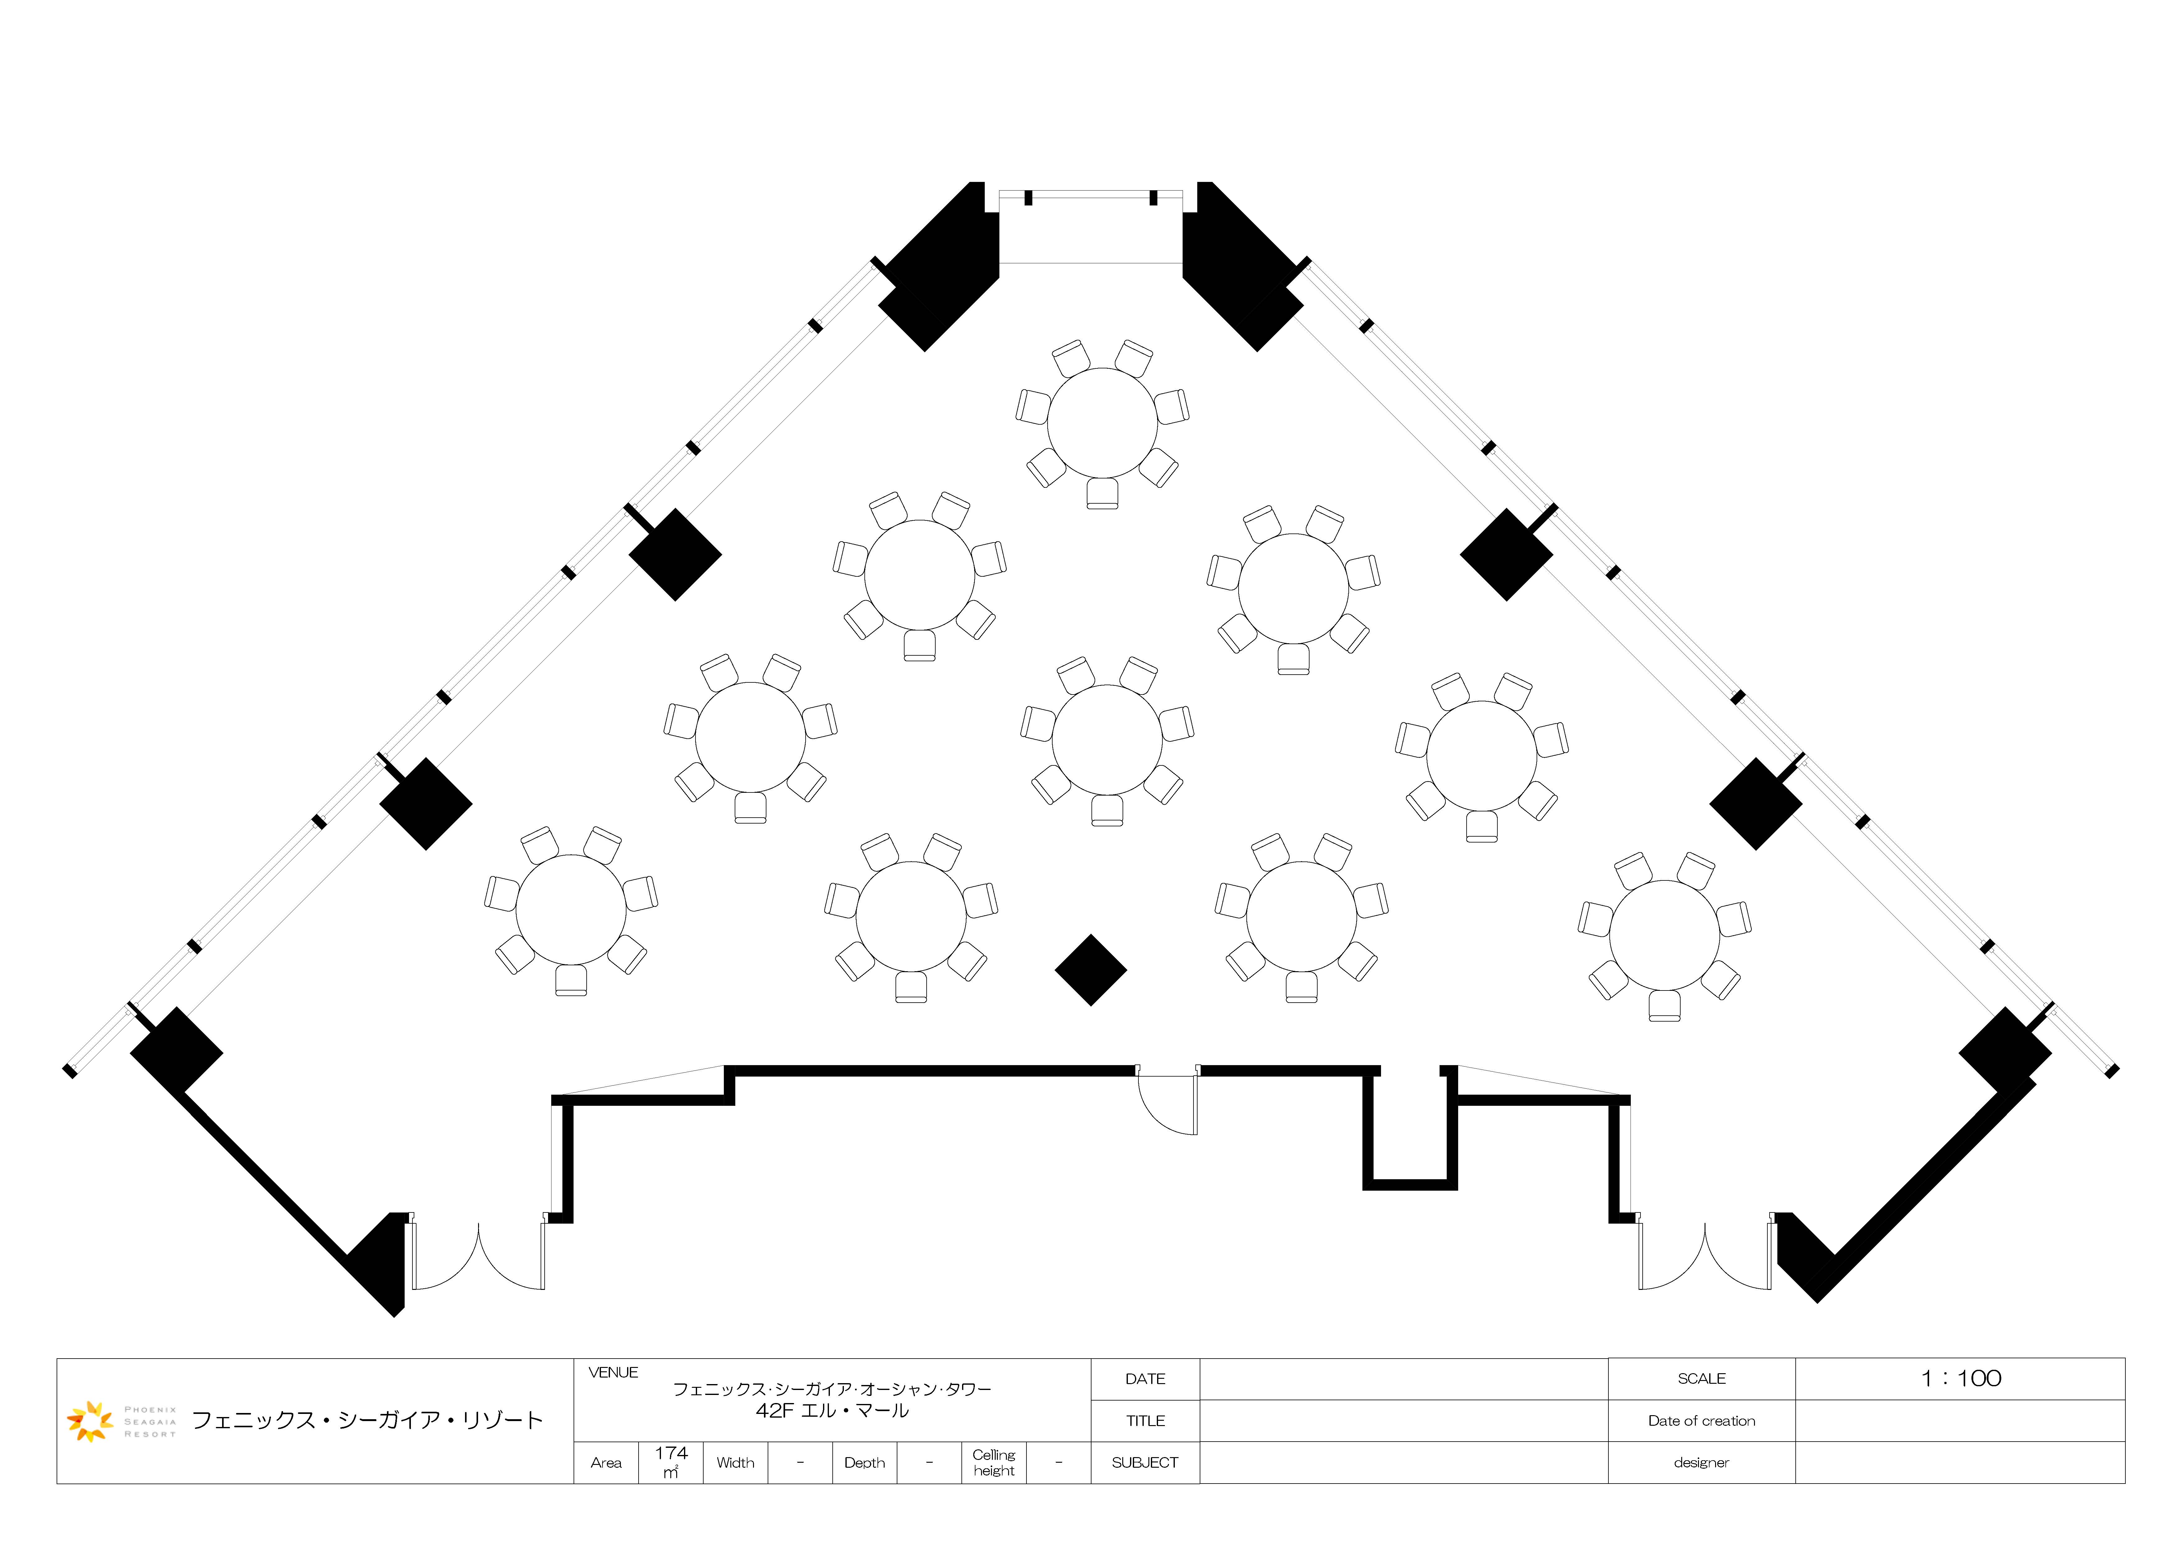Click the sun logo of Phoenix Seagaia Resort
90,1420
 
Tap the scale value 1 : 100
1961,1378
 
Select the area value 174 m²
671,1461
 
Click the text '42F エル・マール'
832,1411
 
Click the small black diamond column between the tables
1091,970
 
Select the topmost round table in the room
1102,423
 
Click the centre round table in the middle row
1107,740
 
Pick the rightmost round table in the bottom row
1665,935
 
